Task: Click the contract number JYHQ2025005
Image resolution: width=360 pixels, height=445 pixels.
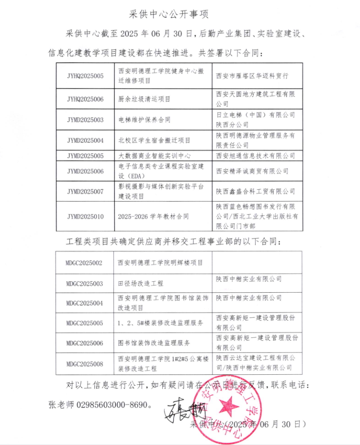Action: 85,75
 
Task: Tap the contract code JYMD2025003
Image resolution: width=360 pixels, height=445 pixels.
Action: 85,120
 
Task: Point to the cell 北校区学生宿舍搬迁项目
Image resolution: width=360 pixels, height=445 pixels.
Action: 154,140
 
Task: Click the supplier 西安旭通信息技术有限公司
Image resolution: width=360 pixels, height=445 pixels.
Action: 255,155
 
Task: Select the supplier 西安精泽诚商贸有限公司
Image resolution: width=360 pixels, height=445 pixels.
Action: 252,171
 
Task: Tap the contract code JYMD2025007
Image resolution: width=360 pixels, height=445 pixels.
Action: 85,191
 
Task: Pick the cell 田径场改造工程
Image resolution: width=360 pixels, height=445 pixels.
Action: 140,283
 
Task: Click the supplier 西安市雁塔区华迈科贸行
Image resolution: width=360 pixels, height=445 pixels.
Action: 252,75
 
